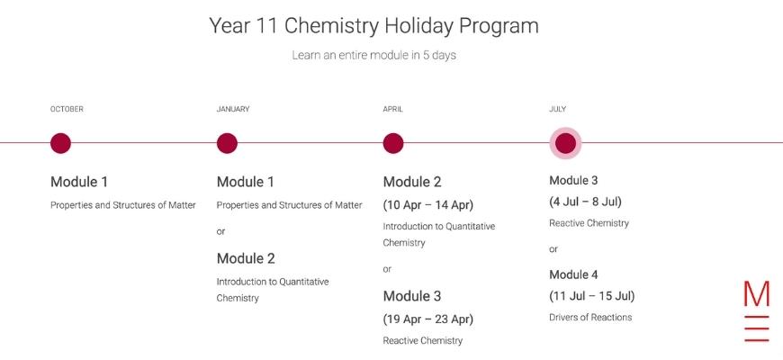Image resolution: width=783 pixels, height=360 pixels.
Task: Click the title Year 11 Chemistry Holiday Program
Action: (373, 26)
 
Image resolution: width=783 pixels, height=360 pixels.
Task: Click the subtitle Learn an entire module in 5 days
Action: (374, 55)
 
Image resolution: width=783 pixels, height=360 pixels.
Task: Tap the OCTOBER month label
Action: (67, 109)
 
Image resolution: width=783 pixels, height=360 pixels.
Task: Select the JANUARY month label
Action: (233, 109)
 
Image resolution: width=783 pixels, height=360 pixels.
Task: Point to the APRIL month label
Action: (393, 109)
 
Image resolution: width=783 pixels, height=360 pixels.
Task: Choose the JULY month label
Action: (558, 109)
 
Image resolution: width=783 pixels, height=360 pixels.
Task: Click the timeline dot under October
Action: (60, 143)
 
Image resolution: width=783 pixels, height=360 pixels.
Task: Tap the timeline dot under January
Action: (227, 143)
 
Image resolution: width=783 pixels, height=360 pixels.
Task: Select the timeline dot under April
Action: (393, 143)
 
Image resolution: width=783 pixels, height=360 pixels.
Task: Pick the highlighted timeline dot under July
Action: (565, 143)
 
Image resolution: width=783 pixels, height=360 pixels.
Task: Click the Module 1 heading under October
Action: (79, 182)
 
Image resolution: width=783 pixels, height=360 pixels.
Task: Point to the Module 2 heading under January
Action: (246, 258)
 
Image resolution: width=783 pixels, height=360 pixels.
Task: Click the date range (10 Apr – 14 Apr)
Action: (428, 204)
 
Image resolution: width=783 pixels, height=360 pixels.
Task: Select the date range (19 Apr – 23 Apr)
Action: (428, 319)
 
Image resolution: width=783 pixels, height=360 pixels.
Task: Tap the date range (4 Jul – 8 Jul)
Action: (585, 202)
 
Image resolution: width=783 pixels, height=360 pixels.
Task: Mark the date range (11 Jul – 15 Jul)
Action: (591, 296)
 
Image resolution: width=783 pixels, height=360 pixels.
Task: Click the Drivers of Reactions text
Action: (590, 317)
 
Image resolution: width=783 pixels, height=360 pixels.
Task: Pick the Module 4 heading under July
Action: (573, 274)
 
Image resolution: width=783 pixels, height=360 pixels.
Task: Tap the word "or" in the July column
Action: (553, 249)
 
